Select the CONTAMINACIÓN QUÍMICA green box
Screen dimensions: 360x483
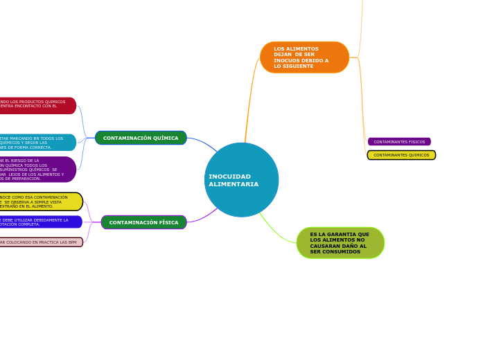coord(141,138)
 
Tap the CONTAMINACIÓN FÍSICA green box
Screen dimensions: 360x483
coord(143,222)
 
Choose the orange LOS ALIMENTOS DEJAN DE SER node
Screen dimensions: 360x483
coord(304,57)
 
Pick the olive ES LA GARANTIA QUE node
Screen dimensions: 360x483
coord(340,243)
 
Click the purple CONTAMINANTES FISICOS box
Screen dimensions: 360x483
coord(399,141)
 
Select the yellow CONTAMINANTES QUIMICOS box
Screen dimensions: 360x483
coord(401,155)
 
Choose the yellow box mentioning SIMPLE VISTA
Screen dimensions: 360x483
coord(38,201)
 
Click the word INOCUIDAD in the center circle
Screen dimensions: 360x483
coord(229,177)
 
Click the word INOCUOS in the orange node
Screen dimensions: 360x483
coord(290,60)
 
